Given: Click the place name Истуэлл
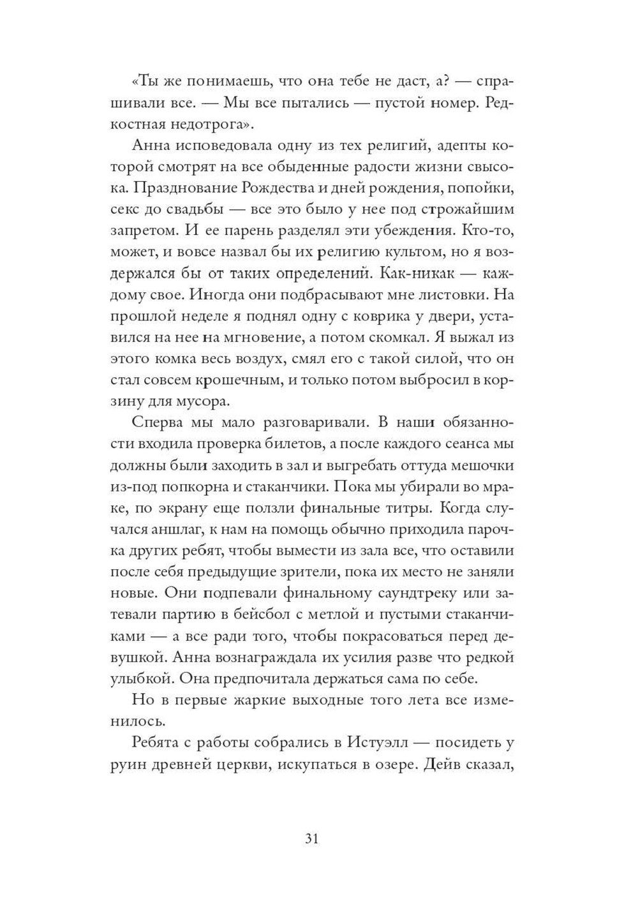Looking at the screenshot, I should pyautogui.click(x=368, y=743).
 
